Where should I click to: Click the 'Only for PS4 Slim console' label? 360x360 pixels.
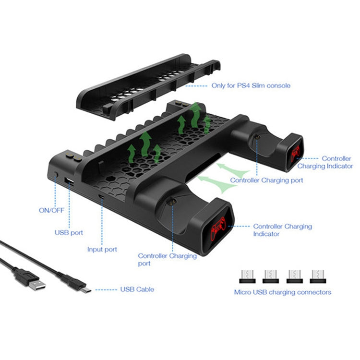click(x=251, y=86)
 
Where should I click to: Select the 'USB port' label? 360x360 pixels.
click(x=69, y=232)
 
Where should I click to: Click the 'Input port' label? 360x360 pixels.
click(x=102, y=250)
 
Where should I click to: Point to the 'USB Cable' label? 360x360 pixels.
click(x=137, y=289)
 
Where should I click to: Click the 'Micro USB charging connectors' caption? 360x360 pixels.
click(x=282, y=292)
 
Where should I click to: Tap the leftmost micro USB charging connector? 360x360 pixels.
click(x=246, y=276)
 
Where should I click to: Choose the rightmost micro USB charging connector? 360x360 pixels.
click(x=318, y=276)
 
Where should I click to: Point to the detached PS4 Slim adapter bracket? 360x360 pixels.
click(x=144, y=86)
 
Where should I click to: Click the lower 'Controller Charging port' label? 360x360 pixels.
click(x=168, y=260)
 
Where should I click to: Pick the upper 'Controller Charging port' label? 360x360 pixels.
click(x=266, y=180)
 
